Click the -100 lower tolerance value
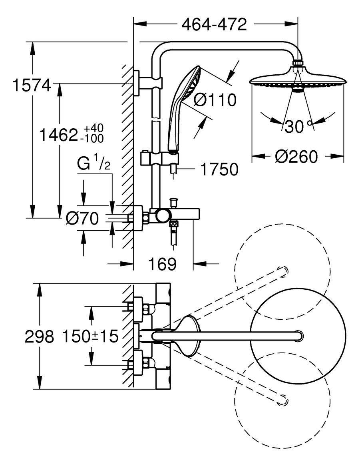coord(93,139)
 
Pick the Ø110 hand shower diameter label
coord(215,100)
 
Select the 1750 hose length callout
coord(219,169)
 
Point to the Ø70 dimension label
coord(82,218)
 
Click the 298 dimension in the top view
coord(39,337)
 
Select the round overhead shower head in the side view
coord(297,78)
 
